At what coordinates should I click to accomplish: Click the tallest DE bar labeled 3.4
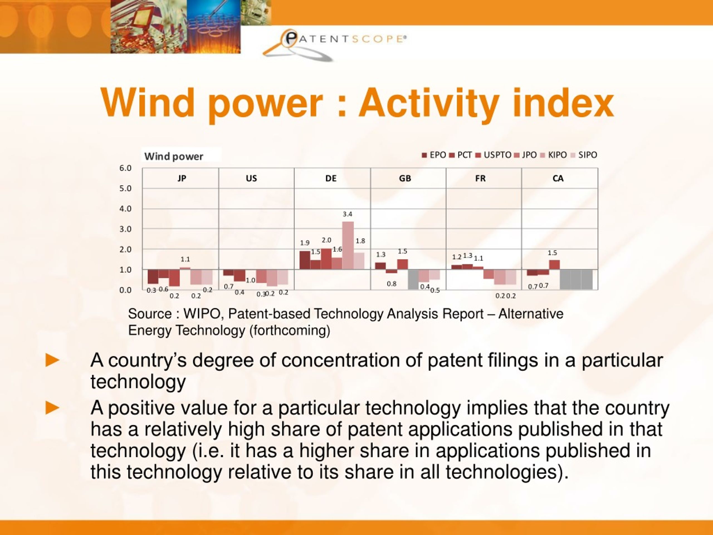click(x=348, y=245)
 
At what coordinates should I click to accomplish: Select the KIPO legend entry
click(x=553, y=155)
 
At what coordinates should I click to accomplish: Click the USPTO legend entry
click(x=494, y=155)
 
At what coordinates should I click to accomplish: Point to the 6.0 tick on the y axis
click(x=125, y=168)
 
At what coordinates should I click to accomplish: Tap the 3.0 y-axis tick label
click(x=125, y=229)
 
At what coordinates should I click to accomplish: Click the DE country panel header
click(x=331, y=178)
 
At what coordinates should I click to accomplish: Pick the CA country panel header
click(x=558, y=178)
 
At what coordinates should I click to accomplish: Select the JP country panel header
click(x=182, y=178)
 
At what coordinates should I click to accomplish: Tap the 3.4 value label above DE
click(x=348, y=214)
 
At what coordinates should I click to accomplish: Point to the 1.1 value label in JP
click(x=185, y=259)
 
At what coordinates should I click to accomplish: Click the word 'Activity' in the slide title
click(x=429, y=103)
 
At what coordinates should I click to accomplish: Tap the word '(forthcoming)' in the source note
click(x=290, y=330)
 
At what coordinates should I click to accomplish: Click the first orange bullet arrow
click(x=53, y=360)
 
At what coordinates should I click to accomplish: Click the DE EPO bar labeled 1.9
click(x=305, y=260)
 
